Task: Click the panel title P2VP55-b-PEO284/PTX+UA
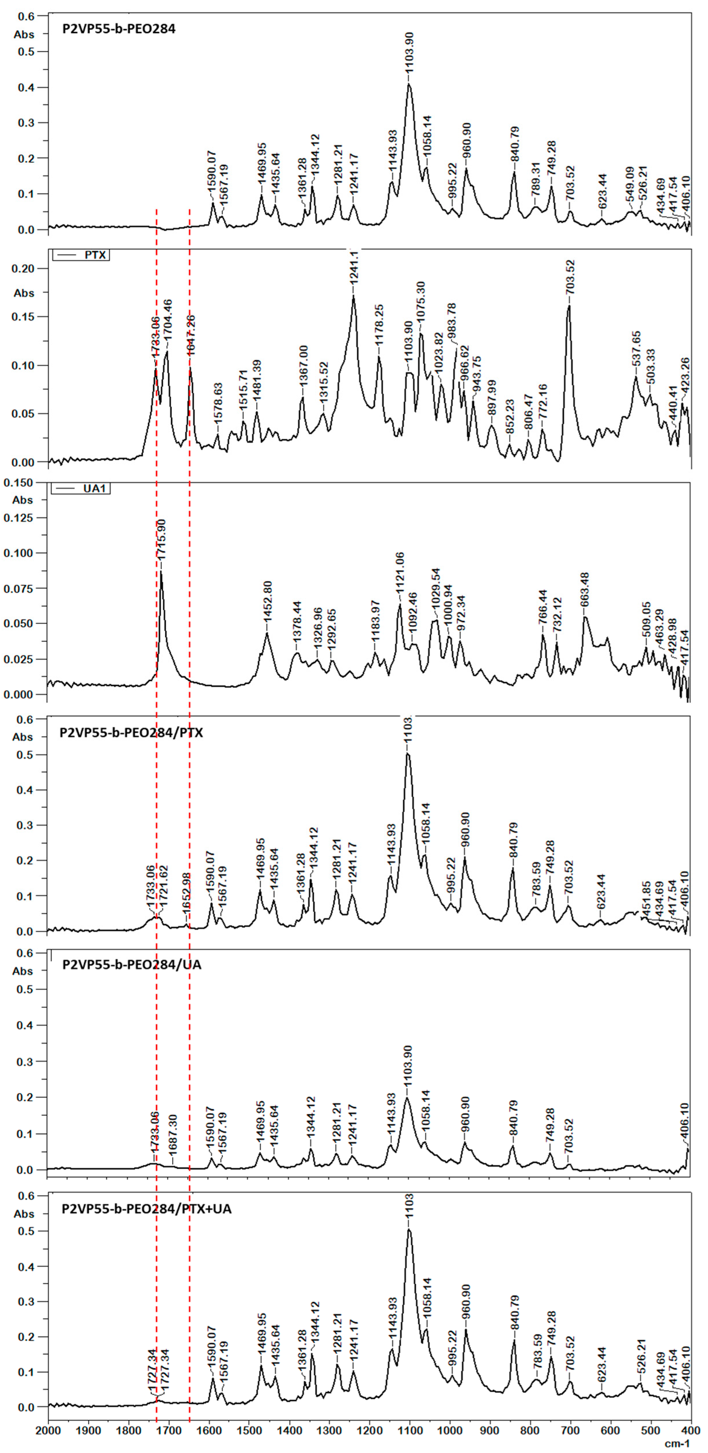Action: [x=147, y=1209]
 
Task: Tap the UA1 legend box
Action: [x=81, y=489]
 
